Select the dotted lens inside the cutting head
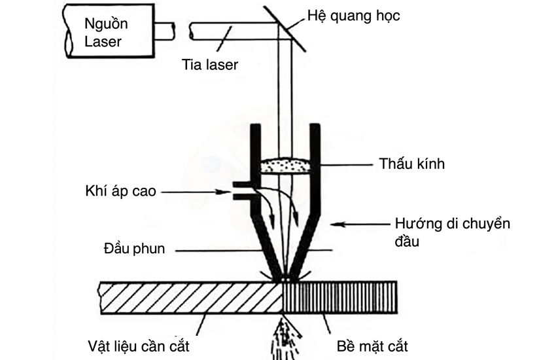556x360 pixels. tap(285, 166)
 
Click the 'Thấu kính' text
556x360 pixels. tap(411, 164)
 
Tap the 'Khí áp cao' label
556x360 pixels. tap(120, 192)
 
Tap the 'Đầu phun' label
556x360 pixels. tap(135, 249)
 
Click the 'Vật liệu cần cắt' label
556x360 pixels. tap(142, 345)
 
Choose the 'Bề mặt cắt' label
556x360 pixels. tap(376, 345)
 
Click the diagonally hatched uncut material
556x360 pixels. tap(190, 297)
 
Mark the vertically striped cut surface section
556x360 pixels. tap(340, 297)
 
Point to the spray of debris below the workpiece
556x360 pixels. tap(283, 334)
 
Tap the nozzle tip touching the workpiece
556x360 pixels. tap(284, 277)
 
